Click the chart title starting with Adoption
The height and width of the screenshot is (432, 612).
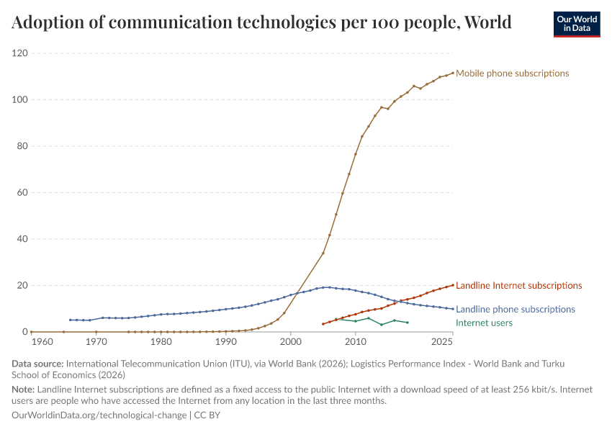point(261,22)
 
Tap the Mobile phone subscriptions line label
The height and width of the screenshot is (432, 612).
point(512,73)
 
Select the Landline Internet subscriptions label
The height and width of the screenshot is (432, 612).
point(518,286)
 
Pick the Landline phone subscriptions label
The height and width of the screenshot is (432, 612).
point(515,309)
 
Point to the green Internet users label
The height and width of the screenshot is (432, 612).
point(484,323)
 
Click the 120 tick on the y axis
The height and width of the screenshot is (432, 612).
point(19,53)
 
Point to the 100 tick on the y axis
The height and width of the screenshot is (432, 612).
point(19,100)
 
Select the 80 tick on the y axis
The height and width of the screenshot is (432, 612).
point(22,146)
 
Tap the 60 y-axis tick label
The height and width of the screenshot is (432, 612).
point(22,193)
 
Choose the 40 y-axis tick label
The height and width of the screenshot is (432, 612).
point(22,239)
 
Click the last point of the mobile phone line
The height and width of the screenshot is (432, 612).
point(453,73)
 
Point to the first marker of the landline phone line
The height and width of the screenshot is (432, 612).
point(71,320)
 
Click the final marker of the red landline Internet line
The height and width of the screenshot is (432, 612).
point(453,285)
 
